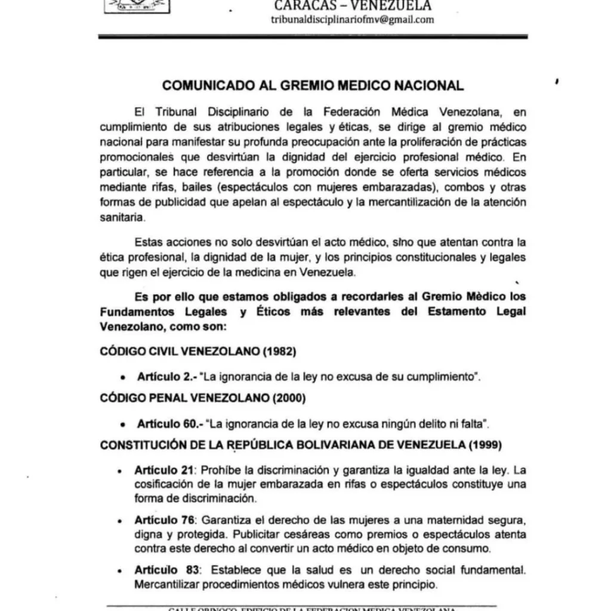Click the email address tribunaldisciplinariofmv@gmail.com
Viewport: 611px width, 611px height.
click(x=352, y=20)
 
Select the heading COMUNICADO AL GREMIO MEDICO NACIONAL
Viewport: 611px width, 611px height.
click(x=313, y=86)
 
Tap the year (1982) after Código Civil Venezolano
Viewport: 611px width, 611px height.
click(x=277, y=352)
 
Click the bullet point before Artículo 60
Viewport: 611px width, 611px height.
click(x=122, y=424)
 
